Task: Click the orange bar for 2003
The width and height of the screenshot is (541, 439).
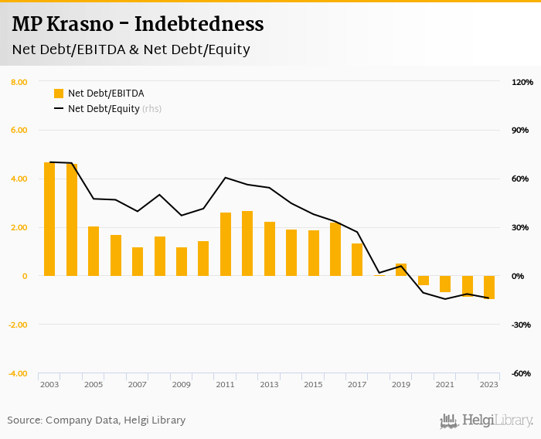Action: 49,219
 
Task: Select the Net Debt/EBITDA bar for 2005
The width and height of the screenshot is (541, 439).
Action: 94,251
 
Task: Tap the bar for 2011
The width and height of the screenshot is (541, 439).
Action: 226,244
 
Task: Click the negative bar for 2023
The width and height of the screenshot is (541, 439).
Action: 489,287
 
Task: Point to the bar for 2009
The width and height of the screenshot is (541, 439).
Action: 182,261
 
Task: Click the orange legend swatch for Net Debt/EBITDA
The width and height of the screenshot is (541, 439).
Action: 59,94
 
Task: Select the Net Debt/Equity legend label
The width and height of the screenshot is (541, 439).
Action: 104,109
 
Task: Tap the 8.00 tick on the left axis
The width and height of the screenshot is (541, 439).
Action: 19,82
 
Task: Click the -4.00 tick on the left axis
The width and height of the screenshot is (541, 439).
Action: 19,373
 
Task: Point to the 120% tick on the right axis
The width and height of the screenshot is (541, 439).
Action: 522,82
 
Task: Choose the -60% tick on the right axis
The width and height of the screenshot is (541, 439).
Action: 522,373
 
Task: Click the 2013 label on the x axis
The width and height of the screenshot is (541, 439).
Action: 269,384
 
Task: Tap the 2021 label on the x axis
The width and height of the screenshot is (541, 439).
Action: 445,384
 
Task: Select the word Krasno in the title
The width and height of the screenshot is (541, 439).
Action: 79,25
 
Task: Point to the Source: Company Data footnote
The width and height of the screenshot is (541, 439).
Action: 97,420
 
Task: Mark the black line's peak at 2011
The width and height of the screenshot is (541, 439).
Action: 225,178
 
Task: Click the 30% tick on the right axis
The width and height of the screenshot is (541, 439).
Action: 521,227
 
